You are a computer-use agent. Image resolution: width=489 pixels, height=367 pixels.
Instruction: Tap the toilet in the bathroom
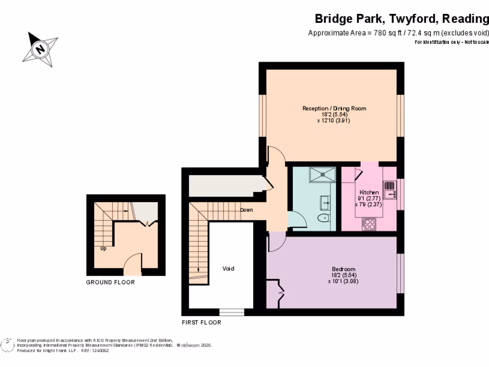point(323,219)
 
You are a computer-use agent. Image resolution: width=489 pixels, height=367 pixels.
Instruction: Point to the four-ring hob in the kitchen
point(369,224)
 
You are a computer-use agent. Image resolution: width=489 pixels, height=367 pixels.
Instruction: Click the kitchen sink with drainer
point(390,189)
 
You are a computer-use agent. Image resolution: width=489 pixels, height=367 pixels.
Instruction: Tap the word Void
point(228,269)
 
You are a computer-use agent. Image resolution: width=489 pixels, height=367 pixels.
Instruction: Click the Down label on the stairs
point(246,210)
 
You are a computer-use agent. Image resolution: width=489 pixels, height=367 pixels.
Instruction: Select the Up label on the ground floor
point(103,248)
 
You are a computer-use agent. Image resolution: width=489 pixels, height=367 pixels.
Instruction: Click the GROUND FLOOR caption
point(110,282)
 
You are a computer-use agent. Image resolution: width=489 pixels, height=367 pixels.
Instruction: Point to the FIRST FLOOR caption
point(202,323)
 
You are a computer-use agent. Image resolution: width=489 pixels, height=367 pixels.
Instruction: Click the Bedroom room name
point(343,270)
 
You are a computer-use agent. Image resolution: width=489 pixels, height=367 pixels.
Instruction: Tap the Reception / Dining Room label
point(334,108)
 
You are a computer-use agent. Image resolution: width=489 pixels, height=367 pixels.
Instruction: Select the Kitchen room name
point(369,192)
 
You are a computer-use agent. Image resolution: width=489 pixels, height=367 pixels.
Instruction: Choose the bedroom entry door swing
point(276,242)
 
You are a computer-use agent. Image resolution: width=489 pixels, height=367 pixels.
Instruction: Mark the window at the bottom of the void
point(232,312)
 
